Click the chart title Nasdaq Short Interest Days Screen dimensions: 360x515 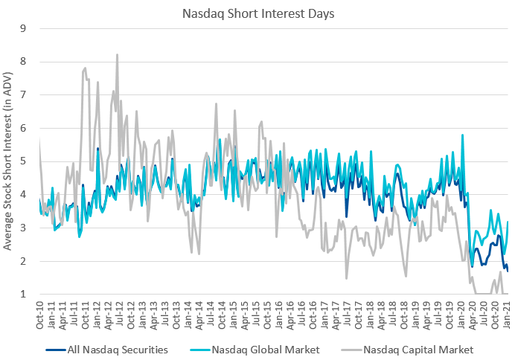tap(257, 13)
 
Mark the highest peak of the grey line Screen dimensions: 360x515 tap(117, 54)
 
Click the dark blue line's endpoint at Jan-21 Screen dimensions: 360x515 tap(508, 271)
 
